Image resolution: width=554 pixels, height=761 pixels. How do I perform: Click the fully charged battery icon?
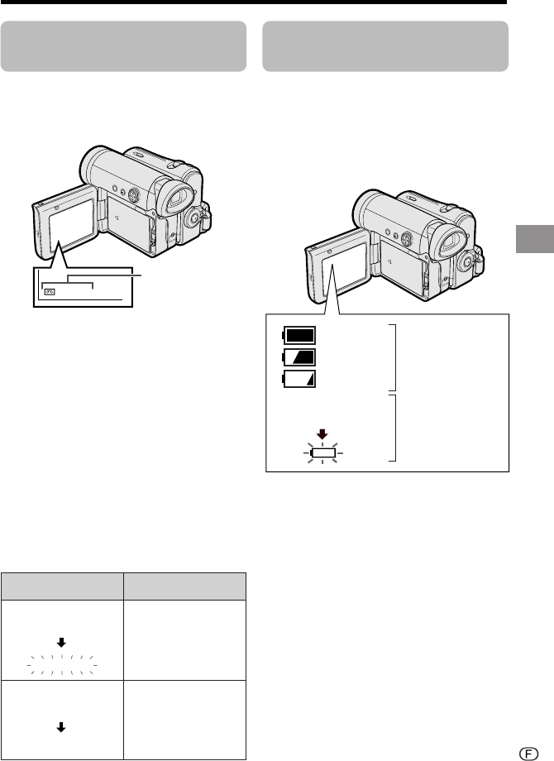298,335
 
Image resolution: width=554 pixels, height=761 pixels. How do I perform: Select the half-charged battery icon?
298,357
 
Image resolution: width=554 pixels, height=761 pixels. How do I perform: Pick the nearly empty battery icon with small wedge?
298,379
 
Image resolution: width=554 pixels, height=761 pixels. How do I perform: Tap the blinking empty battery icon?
323,452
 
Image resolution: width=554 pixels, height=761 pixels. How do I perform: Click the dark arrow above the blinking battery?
322,434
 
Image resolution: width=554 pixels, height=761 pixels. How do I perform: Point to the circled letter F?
528,754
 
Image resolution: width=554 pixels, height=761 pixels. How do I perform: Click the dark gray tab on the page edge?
535,239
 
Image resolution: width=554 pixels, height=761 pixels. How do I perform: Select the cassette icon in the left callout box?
50,292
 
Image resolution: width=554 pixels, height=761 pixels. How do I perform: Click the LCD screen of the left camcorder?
71,225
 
